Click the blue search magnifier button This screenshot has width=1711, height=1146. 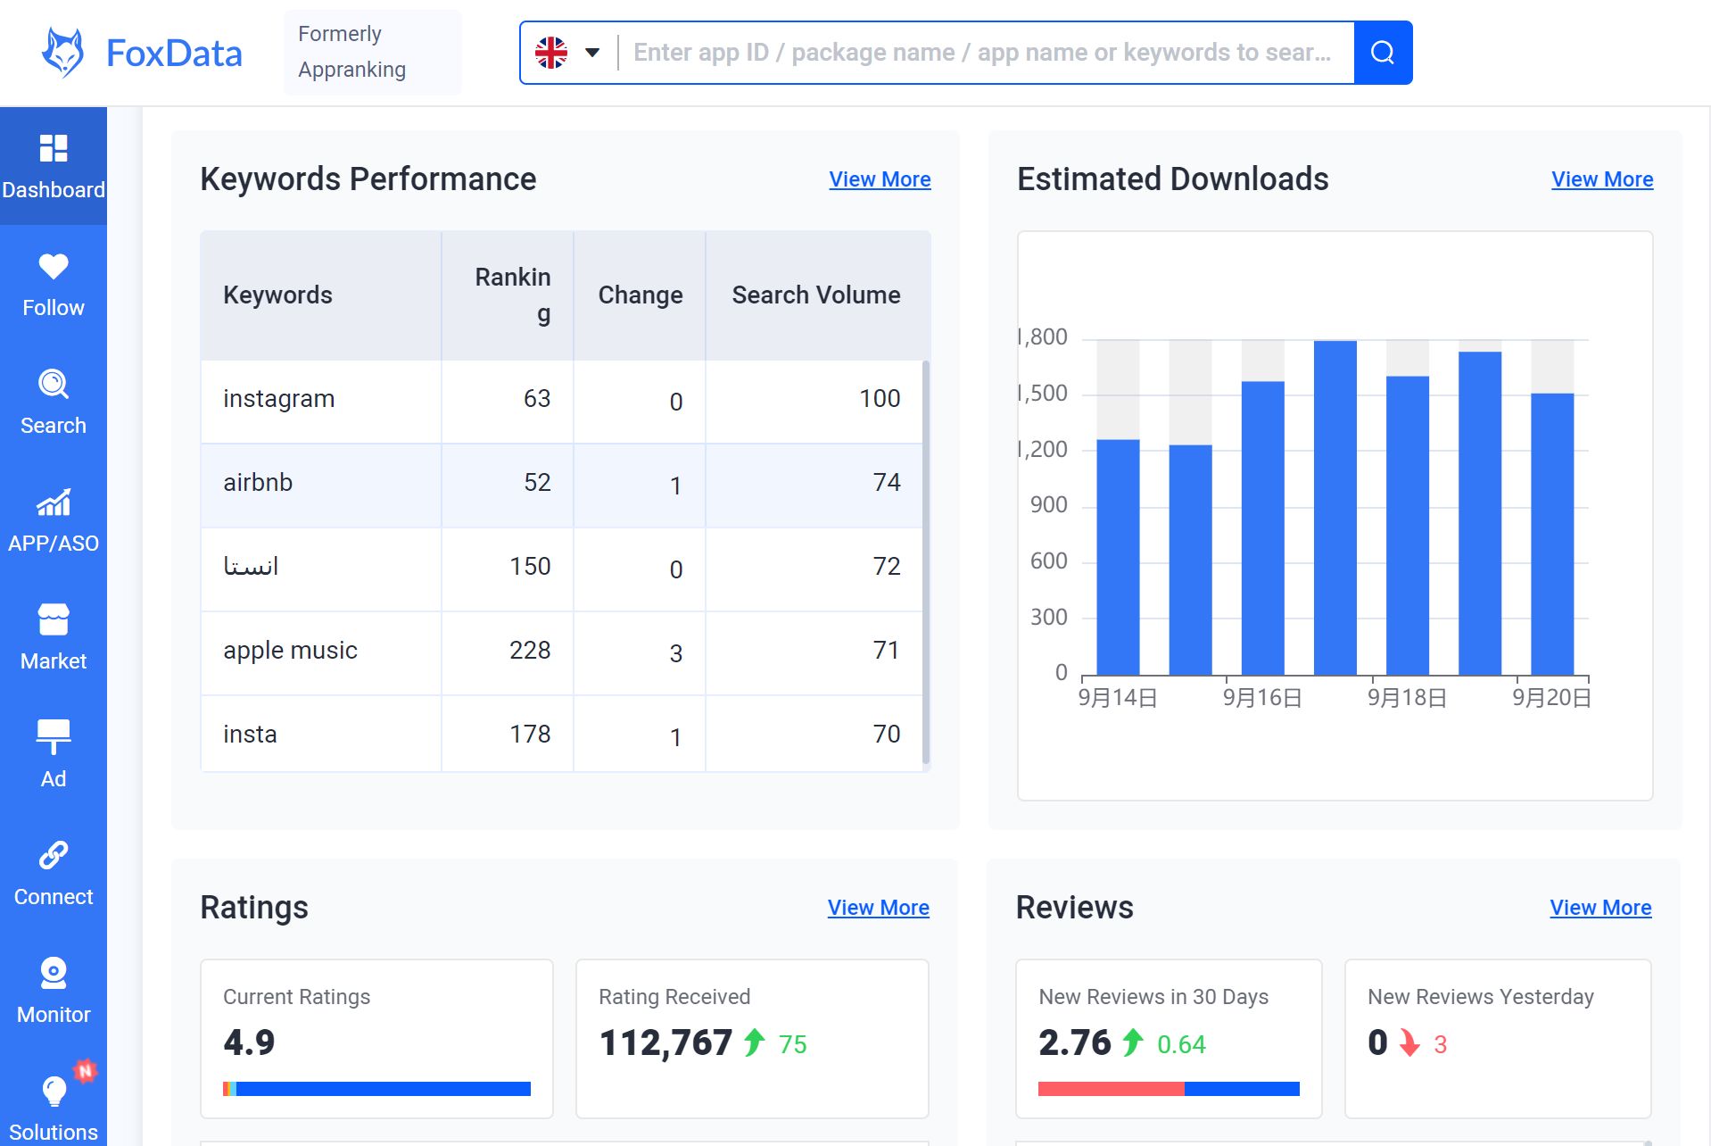(x=1382, y=53)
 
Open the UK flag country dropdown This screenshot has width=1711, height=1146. (x=567, y=53)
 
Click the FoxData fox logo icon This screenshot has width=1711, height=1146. (x=63, y=53)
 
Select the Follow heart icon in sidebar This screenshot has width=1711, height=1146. (x=54, y=266)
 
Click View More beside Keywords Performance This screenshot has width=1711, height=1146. (x=880, y=179)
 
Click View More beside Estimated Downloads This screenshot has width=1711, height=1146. (x=1601, y=179)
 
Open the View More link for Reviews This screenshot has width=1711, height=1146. (x=1599, y=908)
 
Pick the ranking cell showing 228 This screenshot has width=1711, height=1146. (x=529, y=650)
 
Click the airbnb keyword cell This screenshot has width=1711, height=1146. (x=258, y=483)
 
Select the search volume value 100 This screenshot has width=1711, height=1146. (x=879, y=398)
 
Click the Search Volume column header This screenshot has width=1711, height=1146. (x=815, y=295)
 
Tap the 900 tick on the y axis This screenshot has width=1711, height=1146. (x=1048, y=505)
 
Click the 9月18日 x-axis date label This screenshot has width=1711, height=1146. (x=1407, y=698)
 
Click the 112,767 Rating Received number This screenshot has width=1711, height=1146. (x=665, y=1042)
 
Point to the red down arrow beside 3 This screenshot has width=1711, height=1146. (x=1409, y=1042)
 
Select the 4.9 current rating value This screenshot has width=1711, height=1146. (x=249, y=1042)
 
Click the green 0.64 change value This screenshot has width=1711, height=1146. (x=1180, y=1044)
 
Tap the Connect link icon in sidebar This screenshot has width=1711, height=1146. (x=54, y=855)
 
